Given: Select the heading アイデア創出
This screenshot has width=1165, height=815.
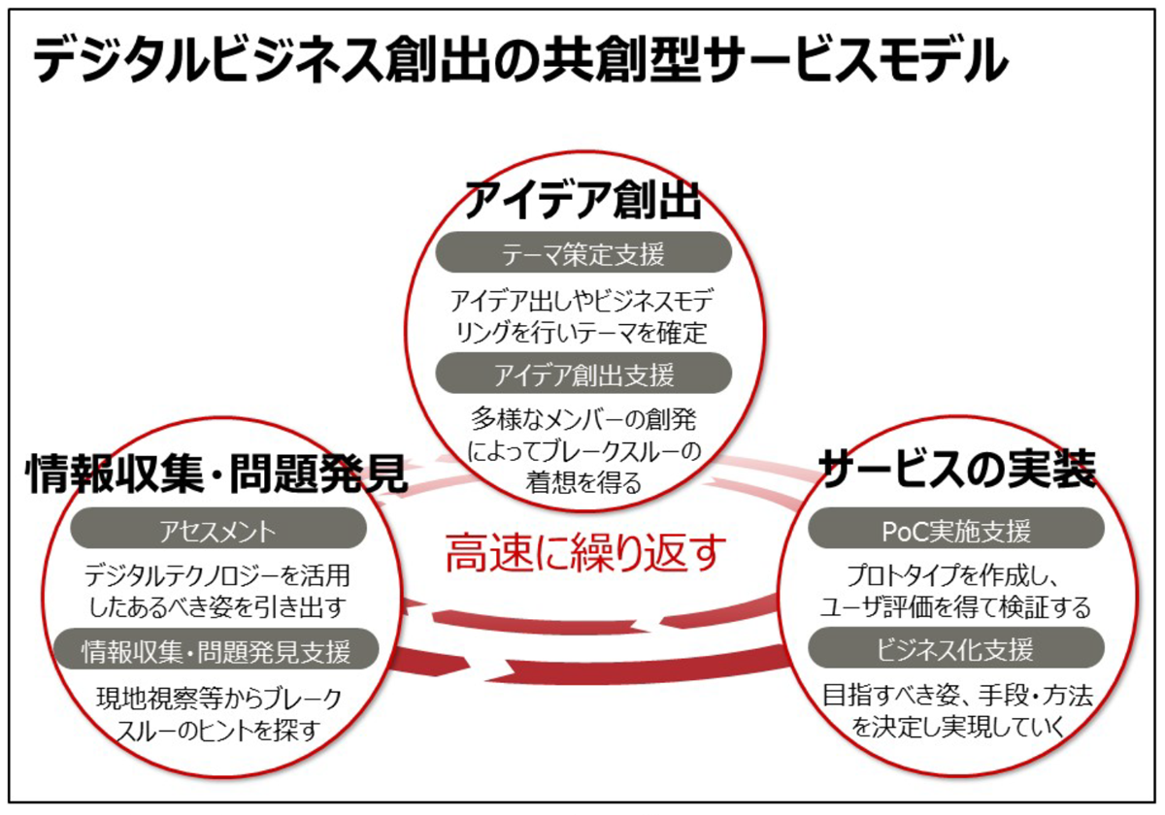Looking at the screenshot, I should coord(582,202).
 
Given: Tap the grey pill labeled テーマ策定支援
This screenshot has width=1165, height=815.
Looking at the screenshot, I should coord(582,254).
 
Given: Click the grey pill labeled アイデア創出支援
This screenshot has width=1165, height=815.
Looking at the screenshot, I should coord(582,374).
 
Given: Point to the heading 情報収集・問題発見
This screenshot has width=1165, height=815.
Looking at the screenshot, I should coord(216,473).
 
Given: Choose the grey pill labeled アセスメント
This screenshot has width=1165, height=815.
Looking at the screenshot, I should coord(218,531).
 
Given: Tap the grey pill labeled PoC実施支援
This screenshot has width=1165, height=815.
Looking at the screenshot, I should coord(956,530).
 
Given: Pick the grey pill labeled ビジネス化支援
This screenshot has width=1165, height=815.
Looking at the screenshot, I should coord(956,648).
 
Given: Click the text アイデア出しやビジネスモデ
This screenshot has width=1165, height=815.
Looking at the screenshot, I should coord(582,299).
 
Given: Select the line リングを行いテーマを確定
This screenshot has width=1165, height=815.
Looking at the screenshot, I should coord(582,332).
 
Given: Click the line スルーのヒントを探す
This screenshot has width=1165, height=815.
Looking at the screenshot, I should coord(217,729).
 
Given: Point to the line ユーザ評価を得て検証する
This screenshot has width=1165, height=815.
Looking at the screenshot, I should coord(956,606).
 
